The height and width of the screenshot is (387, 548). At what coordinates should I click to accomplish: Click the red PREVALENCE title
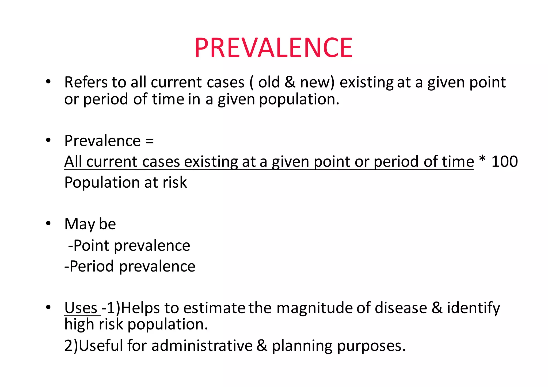tap(273, 48)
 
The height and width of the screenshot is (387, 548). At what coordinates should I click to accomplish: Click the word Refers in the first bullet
tap(86, 82)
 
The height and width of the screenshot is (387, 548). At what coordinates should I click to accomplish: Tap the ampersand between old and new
tap(290, 82)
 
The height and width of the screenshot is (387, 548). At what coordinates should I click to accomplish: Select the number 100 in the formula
tap(505, 161)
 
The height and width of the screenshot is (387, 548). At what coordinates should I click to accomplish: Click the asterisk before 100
tap(482, 160)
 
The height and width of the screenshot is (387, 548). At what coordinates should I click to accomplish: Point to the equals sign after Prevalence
tap(150, 141)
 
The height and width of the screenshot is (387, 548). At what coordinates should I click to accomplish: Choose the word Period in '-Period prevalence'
tap(92, 266)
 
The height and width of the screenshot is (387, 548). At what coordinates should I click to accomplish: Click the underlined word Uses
tap(81, 308)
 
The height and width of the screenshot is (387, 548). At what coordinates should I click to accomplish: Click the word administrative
tap(202, 346)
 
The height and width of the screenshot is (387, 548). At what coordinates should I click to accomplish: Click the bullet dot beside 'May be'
tap(48, 223)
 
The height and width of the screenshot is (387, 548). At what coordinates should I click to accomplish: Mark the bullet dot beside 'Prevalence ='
tap(48, 140)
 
